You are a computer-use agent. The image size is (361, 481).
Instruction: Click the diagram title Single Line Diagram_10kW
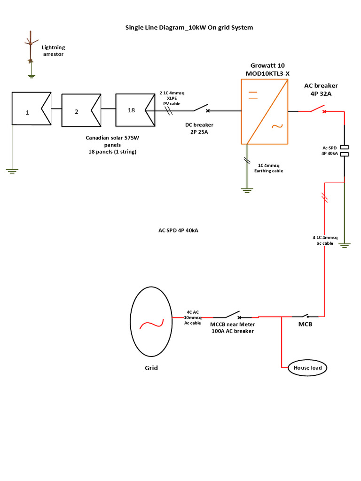[189, 28]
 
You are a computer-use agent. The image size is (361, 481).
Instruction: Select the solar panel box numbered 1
[31, 109]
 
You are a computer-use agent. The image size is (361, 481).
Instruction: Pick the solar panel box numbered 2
[81, 111]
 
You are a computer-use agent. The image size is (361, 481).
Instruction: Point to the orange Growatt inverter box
[264, 111]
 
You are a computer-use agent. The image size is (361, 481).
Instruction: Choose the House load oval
[307, 368]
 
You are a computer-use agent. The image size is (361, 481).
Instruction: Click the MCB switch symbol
[305, 316]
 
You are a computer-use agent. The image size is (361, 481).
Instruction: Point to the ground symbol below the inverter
[245, 189]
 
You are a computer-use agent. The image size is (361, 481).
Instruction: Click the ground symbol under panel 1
[12, 171]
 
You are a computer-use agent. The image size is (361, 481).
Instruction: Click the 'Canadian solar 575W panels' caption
[112, 145]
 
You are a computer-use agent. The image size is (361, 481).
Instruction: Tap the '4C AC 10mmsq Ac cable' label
[192, 318]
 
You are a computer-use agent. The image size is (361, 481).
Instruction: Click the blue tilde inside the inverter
[275, 126]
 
